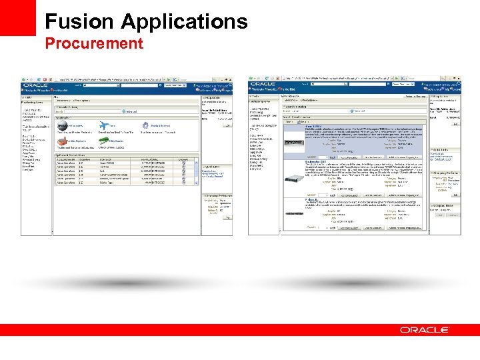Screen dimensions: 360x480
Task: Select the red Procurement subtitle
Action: [x=94, y=44]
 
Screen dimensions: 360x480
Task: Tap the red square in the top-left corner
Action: [x=17, y=17]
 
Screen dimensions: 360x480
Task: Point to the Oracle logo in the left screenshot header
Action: [x=35, y=85]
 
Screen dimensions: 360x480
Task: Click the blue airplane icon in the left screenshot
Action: [x=103, y=125]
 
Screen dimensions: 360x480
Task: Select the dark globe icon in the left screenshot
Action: [x=62, y=125]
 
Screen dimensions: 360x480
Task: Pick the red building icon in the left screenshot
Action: [x=62, y=141]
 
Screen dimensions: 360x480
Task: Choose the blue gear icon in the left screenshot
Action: [x=145, y=125]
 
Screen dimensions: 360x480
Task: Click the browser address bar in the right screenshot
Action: [x=343, y=78]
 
